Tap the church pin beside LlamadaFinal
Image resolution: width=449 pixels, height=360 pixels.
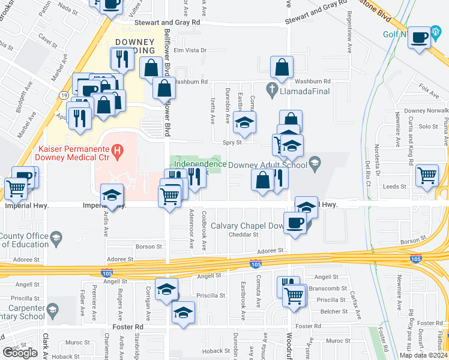tap(273, 91)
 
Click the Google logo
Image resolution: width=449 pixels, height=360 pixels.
tap(20, 353)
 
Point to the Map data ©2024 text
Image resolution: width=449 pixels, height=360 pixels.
tap(423, 355)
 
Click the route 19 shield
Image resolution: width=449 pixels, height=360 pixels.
tap(63, 95)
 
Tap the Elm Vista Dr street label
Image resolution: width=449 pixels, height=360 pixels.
tap(190, 50)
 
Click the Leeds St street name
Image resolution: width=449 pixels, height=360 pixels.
tap(396, 187)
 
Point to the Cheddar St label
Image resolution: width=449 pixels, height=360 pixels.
tap(244, 235)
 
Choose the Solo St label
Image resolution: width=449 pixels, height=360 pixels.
tap(429, 127)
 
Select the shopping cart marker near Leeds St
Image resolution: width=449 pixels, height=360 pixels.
tap(427, 176)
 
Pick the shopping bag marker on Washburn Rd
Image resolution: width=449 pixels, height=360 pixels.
tap(282, 68)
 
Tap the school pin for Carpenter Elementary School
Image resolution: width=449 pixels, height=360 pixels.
tap(52, 310)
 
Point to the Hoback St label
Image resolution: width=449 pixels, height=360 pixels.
tap(217, 351)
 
